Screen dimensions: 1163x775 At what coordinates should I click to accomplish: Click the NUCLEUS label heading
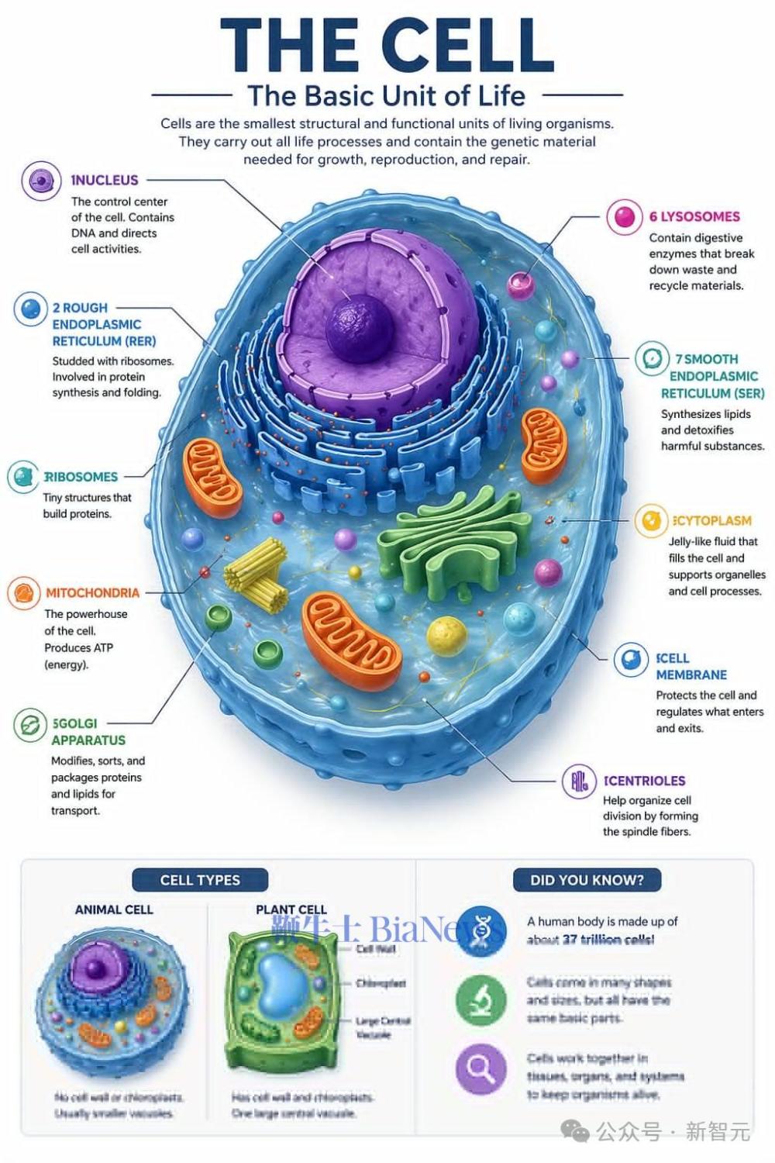(x=105, y=180)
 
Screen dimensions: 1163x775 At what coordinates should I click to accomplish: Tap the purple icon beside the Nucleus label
(x=41, y=181)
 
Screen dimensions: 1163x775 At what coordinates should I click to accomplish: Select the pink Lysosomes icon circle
(x=625, y=217)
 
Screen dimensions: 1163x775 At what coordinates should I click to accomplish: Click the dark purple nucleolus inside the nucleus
(x=359, y=326)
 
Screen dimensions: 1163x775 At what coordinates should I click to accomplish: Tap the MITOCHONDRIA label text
(x=92, y=592)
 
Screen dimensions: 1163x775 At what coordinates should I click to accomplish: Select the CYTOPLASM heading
(x=711, y=520)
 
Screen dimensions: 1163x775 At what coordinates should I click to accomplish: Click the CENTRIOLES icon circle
(x=579, y=781)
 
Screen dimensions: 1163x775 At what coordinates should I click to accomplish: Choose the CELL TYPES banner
(x=200, y=880)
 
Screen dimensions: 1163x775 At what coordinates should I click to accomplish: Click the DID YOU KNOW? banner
(x=587, y=880)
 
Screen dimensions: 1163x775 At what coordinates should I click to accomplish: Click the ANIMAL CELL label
(x=114, y=909)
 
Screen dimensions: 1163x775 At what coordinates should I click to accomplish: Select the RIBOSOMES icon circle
(x=23, y=477)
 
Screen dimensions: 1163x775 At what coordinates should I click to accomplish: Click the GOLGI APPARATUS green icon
(x=30, y=726)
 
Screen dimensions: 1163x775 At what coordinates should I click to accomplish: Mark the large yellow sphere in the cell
(x=446, y=636)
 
